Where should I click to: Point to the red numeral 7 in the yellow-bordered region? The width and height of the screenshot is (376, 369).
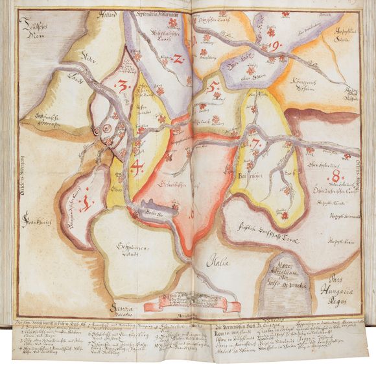(256, 144)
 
